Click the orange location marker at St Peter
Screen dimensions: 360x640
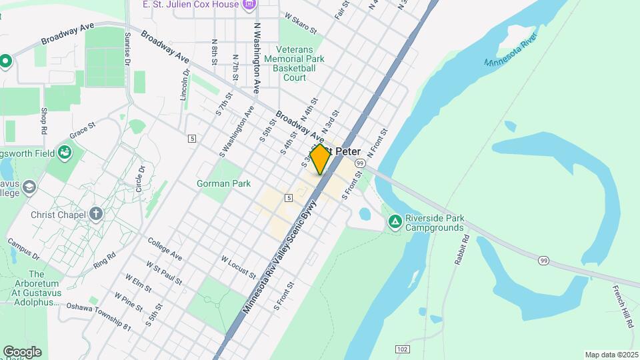(320, 159)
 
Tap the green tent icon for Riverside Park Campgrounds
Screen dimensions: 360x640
(395, 221)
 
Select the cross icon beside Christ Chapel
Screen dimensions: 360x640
(96, 214)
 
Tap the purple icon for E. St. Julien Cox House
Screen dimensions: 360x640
(249, 5)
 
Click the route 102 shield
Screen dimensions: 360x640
(401, 349)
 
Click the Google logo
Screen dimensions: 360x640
(22, 351)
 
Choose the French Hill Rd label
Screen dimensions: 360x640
(623, 306)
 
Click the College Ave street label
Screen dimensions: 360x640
(165, 249)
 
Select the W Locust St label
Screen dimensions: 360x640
(238, 266)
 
